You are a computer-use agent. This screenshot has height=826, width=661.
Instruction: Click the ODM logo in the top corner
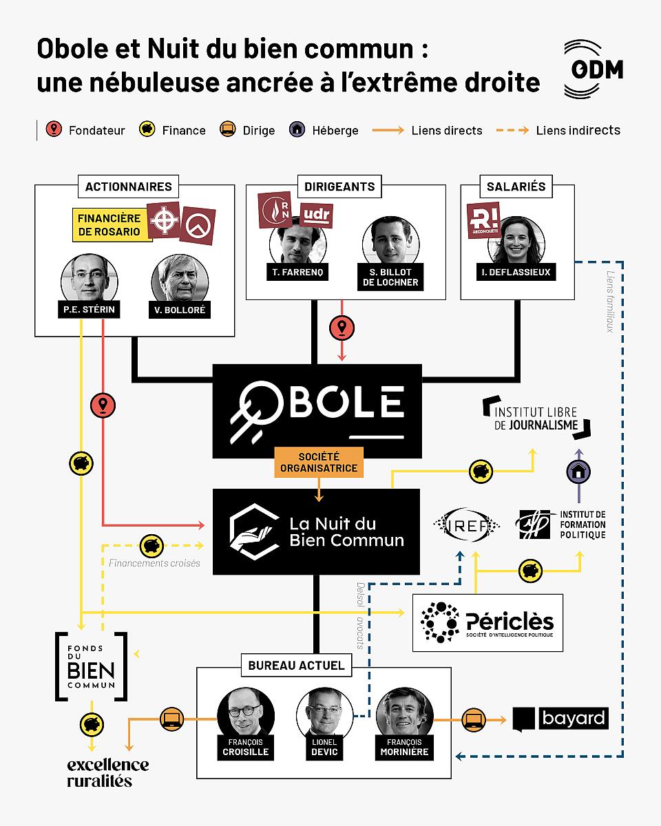tap(593, 70)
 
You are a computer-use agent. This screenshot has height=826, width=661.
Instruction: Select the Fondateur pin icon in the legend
tap(53, 129)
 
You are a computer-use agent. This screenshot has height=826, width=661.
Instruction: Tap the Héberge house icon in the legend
tap(296, 129)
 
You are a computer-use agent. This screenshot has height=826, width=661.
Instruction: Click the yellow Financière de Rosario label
tap(109, 225)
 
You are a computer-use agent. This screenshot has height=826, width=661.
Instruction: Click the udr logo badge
tap(317, 215)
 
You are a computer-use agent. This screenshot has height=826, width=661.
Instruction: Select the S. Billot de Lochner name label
tap(390, 277)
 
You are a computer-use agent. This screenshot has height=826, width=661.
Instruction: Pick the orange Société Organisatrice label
tap(318, 462)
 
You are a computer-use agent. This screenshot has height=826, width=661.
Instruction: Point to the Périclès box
tap(487, 622)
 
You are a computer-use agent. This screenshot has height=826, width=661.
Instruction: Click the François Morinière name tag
tap(404, 747)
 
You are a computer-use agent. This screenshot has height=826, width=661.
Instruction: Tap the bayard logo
tap(560, 719)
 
